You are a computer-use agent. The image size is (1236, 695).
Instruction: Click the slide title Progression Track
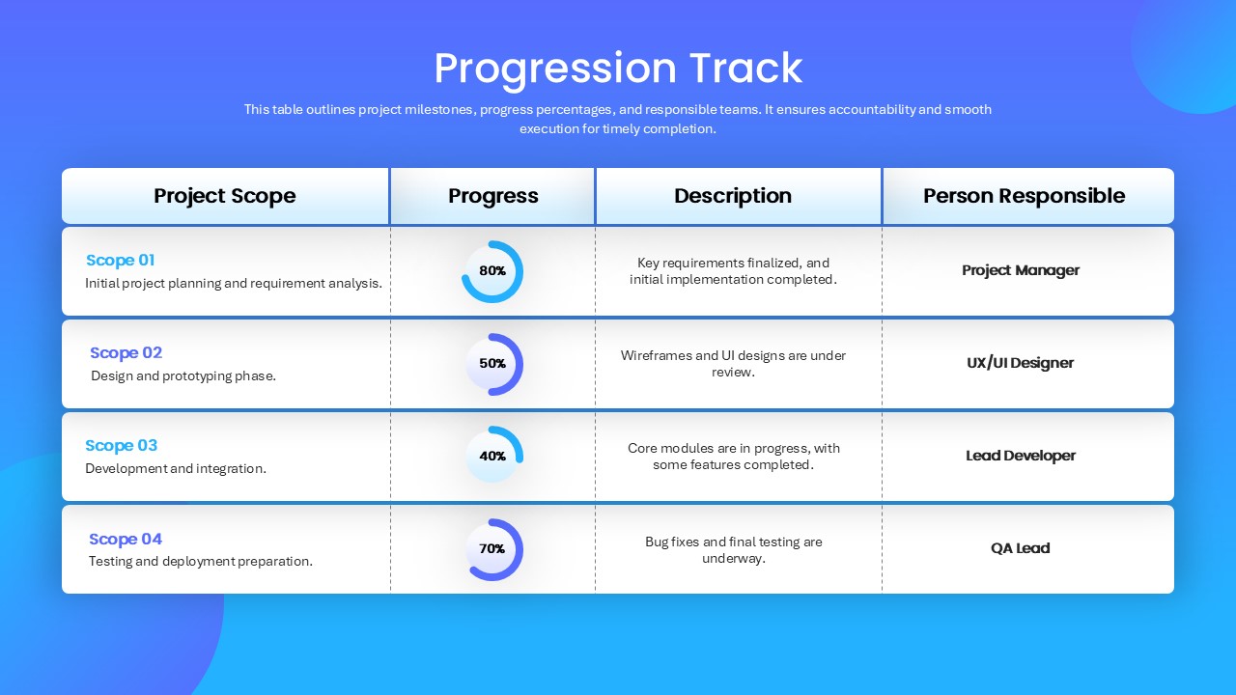pos(618,69)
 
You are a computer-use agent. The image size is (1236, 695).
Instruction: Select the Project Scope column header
pos(225,196)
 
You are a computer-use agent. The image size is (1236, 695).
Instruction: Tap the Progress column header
pos(492,196)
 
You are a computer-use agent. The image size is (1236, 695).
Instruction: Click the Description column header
pos(733,196)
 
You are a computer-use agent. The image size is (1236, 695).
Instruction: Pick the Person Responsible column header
pos(1025,196)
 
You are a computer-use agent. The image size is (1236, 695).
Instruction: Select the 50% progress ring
pos(519,364)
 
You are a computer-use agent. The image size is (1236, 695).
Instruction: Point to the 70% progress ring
pos(519,557)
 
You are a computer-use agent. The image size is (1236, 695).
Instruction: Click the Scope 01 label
pos(121,260)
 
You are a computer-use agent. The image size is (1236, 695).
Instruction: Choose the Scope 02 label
pos(126,352)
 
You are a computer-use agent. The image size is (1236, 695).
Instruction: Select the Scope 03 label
pos(122,445)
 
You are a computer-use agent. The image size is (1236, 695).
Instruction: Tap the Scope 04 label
pos(126,539)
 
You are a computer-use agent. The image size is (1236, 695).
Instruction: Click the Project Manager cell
pos(1021,270)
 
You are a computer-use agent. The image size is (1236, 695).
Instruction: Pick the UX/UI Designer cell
pos(1021,363)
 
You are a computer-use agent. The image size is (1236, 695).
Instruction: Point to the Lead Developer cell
pos(1021,456)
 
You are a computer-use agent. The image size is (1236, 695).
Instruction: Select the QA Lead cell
pos(1021,548)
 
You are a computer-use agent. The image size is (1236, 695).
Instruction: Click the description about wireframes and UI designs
pos(733,364)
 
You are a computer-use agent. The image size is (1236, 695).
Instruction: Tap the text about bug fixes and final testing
pos(733,550)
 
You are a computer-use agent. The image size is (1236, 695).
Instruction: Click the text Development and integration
pos(176,468)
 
